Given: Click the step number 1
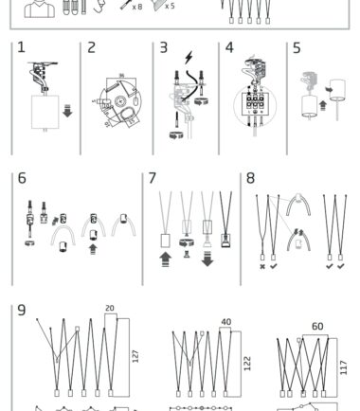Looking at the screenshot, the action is coord(21,47).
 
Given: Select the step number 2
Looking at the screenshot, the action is coord(91,47).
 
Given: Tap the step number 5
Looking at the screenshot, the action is coord(297,48).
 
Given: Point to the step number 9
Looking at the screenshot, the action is coord(21,310).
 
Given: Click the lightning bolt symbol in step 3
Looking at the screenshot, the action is coord(189,58).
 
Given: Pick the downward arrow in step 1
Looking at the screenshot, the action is coord(67,111).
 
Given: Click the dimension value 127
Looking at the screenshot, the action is coord(135,356).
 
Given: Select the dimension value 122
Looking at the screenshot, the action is coord(247,364).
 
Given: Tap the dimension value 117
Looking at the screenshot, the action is coord(344,367).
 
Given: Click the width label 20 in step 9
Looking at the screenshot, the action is coord(110,308).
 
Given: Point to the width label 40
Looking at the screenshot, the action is coord(226,322).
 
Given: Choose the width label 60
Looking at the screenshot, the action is coord(317,327).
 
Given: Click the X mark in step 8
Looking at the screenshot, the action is coord(262,267).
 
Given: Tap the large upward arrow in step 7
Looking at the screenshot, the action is coord(166,259).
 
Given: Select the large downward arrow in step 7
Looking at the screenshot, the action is coord(207,259).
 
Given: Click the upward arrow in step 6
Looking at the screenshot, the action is coord(93,249).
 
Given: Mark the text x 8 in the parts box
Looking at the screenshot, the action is coord(137,7).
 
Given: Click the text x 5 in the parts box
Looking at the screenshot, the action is coord(170,6).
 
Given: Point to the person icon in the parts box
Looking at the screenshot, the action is coord(40,9).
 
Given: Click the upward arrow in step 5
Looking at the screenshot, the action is coord(322,105).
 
